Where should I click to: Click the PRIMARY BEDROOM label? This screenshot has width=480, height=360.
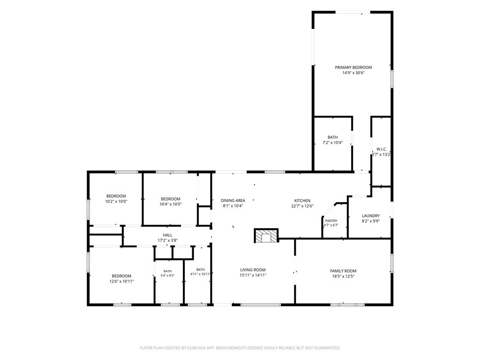(353, 67)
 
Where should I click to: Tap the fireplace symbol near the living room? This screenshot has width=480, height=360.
(266, 236)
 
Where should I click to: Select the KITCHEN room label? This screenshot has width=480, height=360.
(302, 201)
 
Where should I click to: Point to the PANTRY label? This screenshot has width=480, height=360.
(331, 221)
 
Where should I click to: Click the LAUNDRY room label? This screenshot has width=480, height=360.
(371, 216)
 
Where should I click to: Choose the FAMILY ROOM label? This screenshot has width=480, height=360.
(343, 271)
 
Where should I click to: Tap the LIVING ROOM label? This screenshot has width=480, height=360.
(253, 270)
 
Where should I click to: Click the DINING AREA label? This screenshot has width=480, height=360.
(233, 201)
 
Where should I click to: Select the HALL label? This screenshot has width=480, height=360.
(167, 235)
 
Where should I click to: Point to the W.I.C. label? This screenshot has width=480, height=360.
(382, 150)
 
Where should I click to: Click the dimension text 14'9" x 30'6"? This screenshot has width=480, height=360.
(353, 73)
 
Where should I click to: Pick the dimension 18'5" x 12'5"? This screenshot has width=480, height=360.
(343, 276)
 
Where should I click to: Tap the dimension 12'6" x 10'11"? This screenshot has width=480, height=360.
(121, 281)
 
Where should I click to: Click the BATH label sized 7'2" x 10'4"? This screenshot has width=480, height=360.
(333, 137)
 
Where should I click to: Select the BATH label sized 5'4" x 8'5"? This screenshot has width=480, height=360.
(167, 271)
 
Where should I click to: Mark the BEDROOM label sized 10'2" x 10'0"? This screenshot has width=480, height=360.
(116, 196)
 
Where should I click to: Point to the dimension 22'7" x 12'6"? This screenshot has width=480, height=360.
(302, 206)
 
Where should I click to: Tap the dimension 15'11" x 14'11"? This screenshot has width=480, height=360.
(253, 275)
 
